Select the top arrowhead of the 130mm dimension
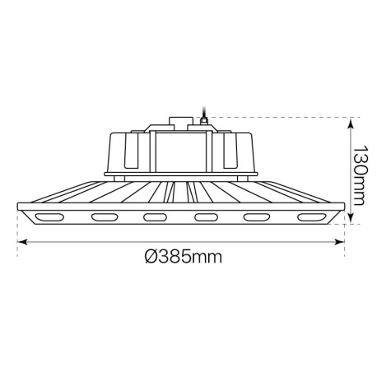[x=351, y=121]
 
